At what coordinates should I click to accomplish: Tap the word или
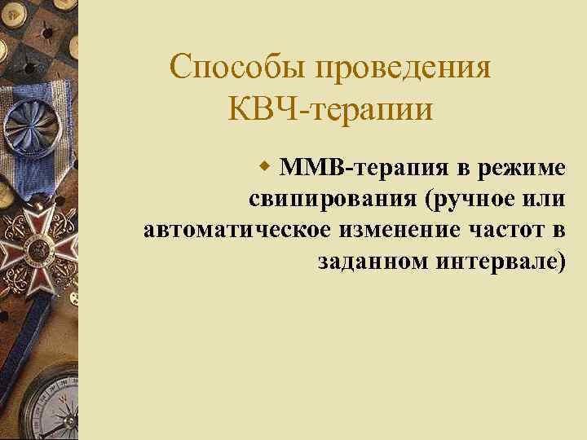tap(545, 200)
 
